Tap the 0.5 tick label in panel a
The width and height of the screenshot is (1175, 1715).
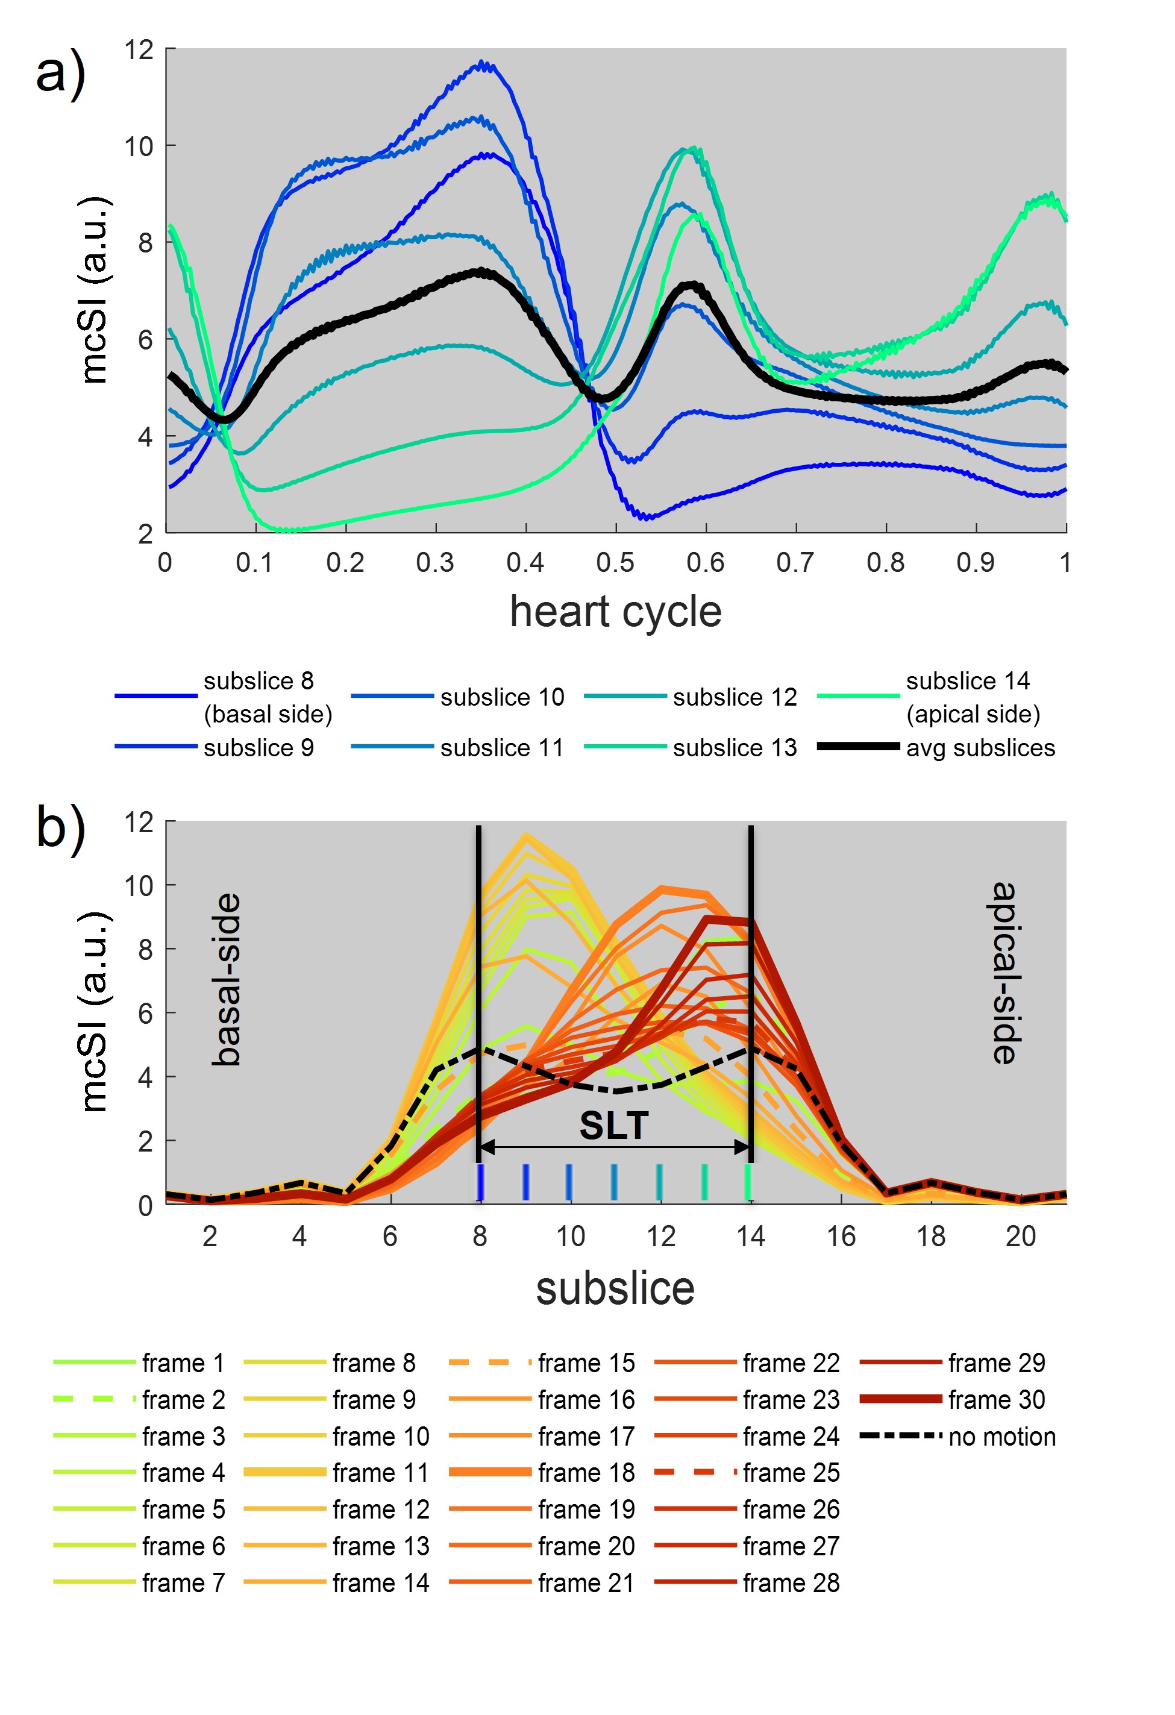tap(615, 563)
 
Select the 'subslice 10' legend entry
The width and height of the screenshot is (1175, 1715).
tap(502, 697)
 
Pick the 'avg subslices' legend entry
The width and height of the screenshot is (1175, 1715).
tap(980, 748)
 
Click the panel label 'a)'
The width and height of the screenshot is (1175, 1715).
tap(60, 74)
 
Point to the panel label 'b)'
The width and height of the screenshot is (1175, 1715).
tap(60, 828)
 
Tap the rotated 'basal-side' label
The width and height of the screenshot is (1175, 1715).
tap(226, 979)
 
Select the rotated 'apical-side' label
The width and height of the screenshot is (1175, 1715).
tap(1004, 973)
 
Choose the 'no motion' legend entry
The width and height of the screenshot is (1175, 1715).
tap(1001, 1436)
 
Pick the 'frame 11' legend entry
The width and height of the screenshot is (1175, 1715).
tap(380, 1472)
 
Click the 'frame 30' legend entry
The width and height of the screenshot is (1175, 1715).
tap(997, 1399)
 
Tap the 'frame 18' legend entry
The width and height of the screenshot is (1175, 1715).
tap(586, 1472)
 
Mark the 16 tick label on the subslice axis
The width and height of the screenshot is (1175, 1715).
tap(841, 1236)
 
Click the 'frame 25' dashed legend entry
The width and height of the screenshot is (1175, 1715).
tap(791, 1472)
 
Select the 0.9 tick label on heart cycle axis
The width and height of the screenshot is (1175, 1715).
tap(975, 563)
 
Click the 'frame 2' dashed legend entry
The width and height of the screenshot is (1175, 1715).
tap(183, 1399)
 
